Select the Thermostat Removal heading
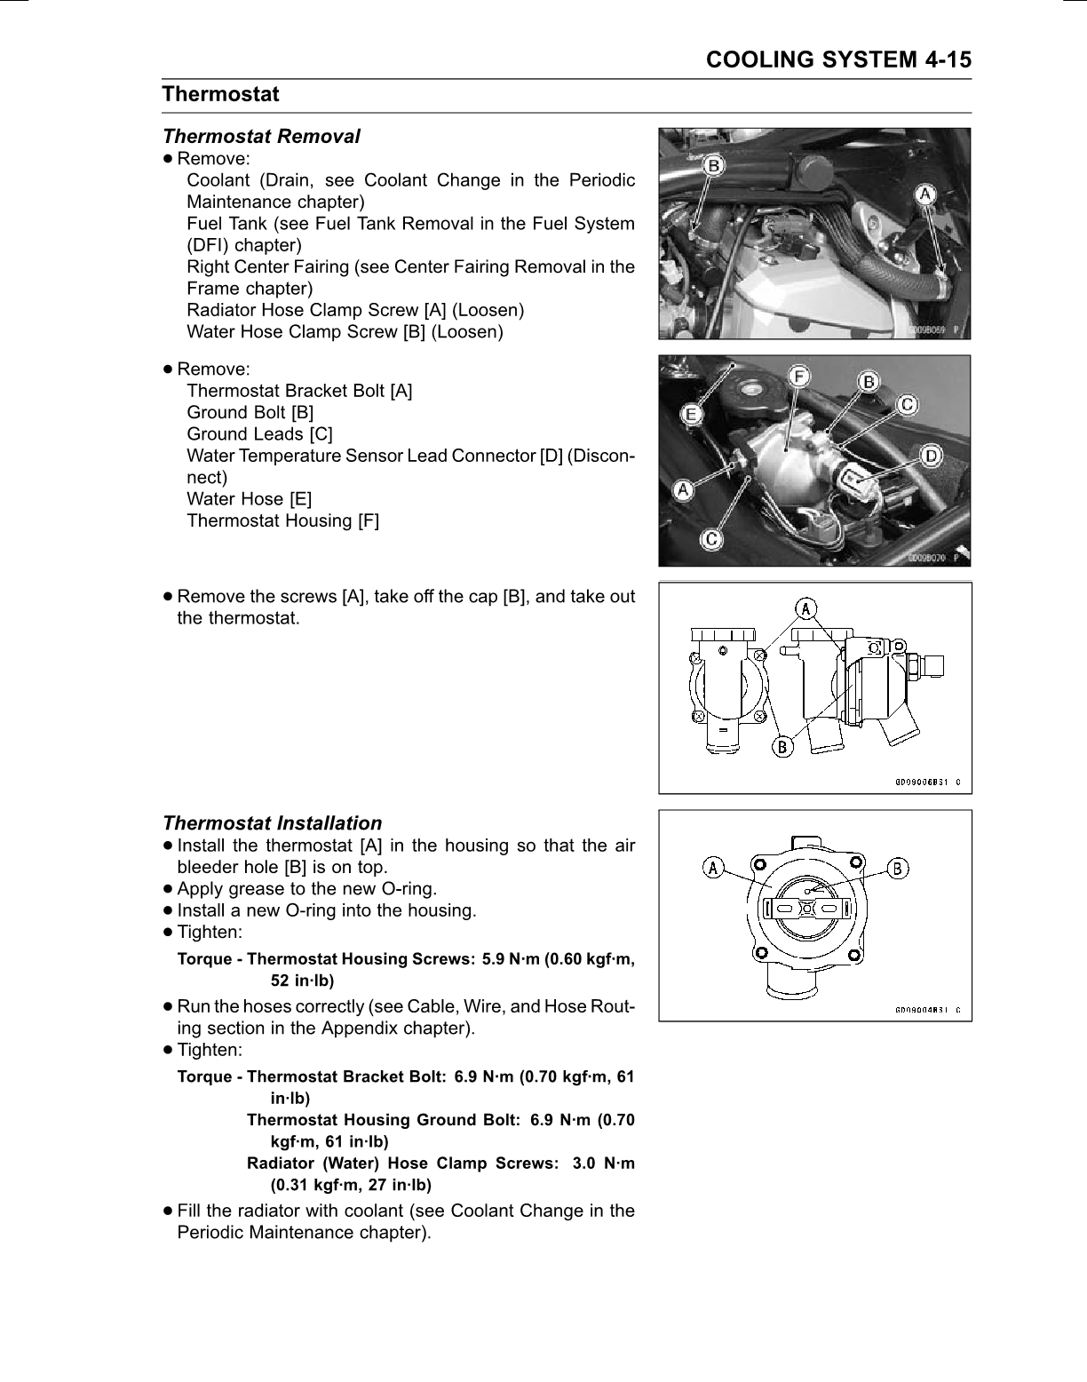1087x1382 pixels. (261, 137)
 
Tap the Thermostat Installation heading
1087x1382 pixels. (272, 823)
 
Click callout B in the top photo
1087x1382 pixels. (711, 164)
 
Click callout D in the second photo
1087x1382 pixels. (931, 456)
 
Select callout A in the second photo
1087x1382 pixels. (685, 488)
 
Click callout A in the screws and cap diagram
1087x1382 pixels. (805, 608)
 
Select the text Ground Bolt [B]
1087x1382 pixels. (250, 412)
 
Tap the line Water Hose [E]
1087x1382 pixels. (249, 499)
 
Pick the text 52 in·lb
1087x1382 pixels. (302, 981)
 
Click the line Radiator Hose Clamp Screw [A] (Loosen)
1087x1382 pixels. (355, 310)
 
